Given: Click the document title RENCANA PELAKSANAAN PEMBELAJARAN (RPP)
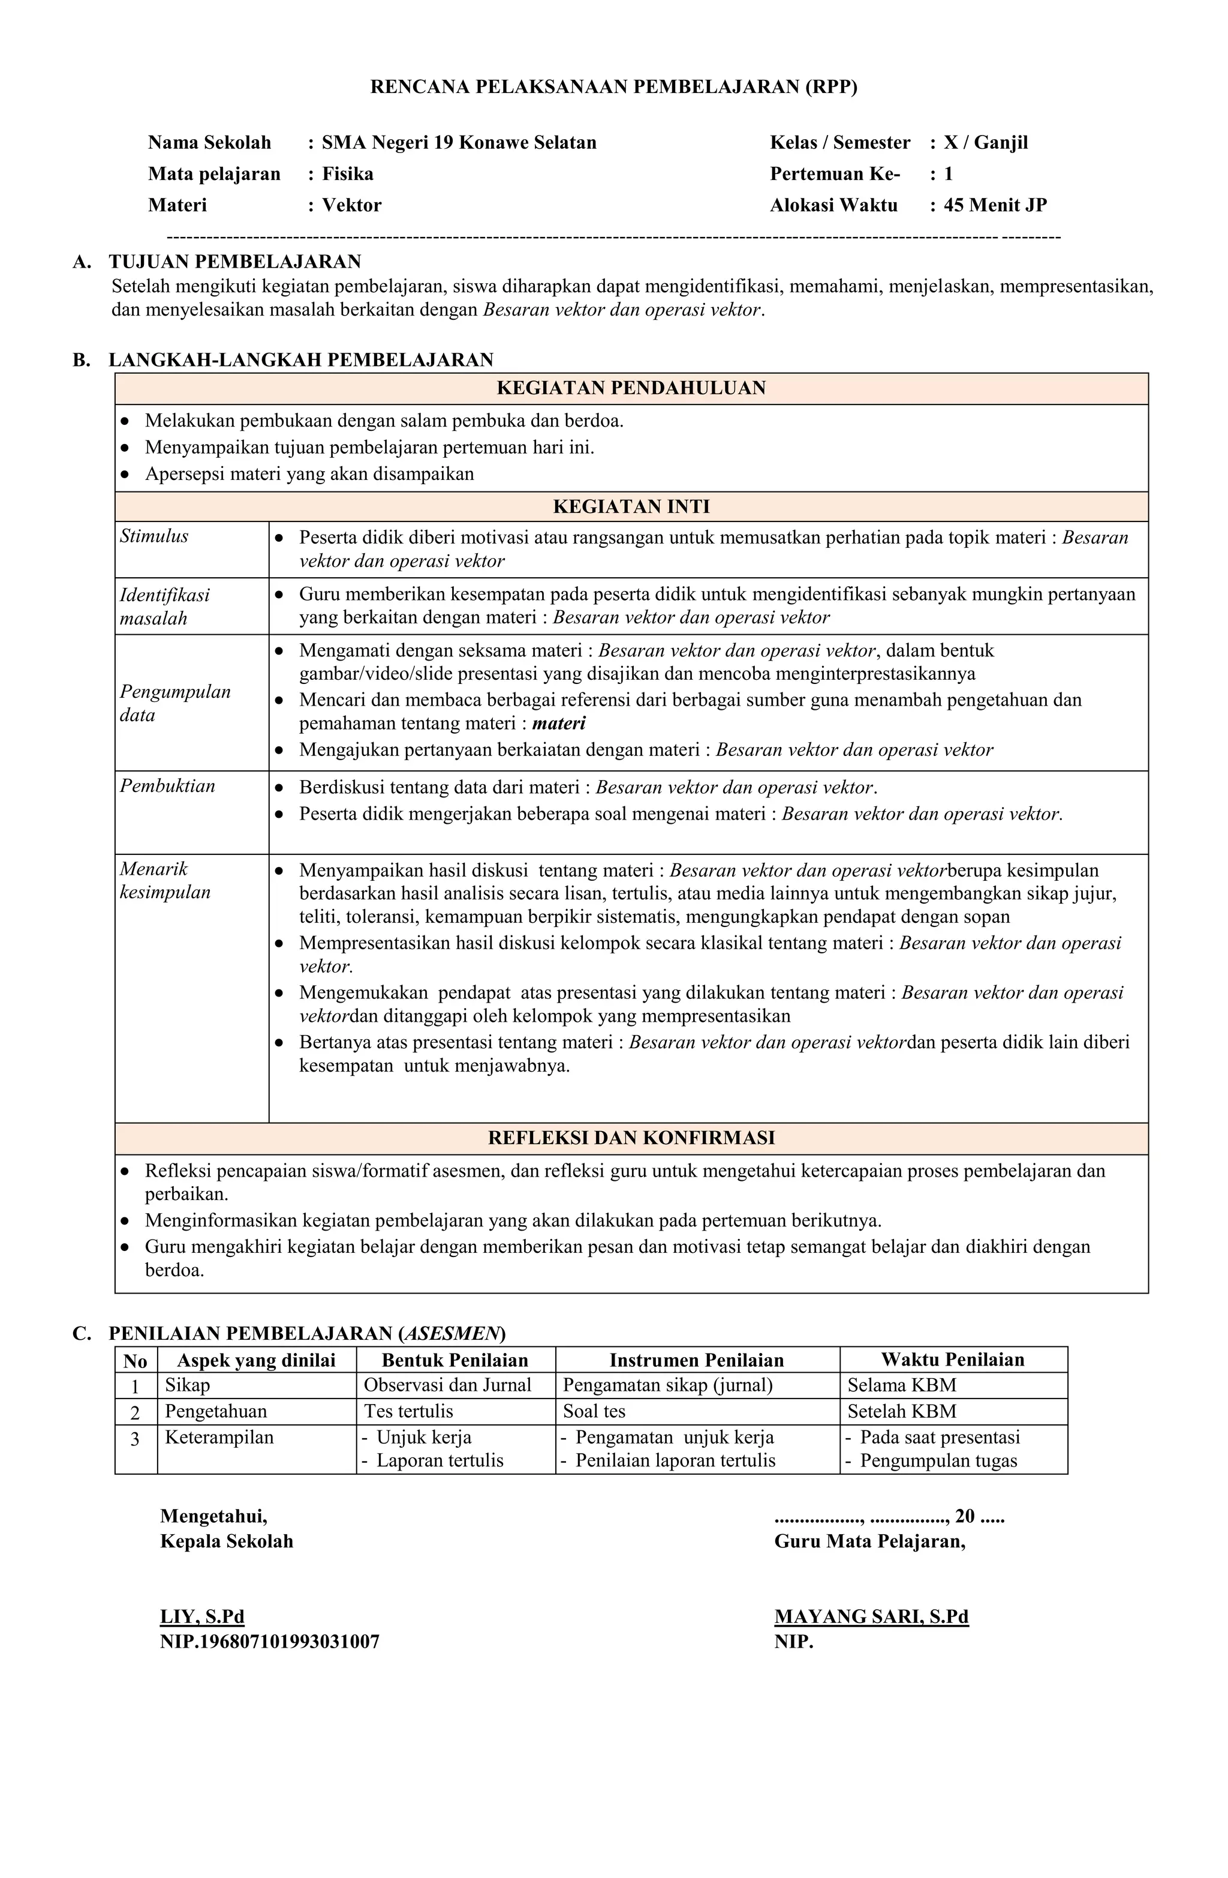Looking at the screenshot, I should click(613, 88).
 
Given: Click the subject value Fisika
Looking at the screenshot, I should click(347, 173).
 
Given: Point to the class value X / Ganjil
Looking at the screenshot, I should click(985, 143).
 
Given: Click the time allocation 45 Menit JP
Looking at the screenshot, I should click(995, 205).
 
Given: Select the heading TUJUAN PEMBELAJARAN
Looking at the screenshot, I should click(234, 262).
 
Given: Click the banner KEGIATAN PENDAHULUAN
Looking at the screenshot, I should click(631, 388).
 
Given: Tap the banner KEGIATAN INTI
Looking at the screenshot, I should click(631, 506).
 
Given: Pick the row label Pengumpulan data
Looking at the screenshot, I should click(175, 703).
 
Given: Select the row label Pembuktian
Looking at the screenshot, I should click(167, 786).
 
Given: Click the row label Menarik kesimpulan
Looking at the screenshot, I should click(165, 881).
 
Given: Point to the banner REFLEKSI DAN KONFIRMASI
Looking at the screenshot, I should click(631, 1138).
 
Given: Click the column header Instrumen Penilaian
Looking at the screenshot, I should click(696, 1360).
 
